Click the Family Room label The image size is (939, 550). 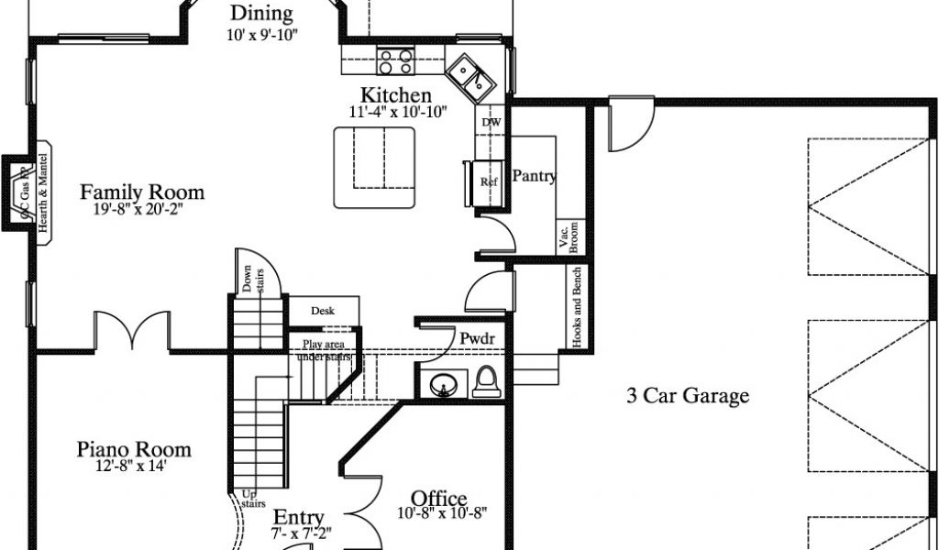point(142,192)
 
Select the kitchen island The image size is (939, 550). point(373,166)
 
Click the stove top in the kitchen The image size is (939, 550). point(395,61)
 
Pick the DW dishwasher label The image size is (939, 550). point(492,122)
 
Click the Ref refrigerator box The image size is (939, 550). point(488,181)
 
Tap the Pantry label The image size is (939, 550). point(534,176)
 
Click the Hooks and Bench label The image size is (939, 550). point(577,308)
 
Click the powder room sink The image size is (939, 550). point(445,385)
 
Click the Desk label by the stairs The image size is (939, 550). point(323,312)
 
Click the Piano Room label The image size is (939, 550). point(134,449)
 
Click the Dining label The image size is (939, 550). point(261,14)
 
